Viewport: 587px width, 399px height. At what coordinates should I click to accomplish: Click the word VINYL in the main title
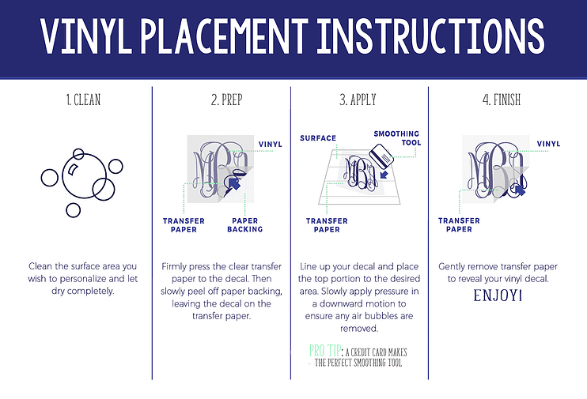click(x=85, y=36)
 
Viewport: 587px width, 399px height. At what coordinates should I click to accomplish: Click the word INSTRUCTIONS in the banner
click(x=431, y=36)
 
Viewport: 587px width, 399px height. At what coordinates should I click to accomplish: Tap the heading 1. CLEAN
click(x=84, y=100)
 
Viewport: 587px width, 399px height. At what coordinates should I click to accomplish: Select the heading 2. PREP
click(x=227, y=100)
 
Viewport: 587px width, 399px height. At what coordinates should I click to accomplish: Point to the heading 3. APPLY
click(x=358, y=100)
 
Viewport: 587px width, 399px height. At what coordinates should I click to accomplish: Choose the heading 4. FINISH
click(x=502, y=100)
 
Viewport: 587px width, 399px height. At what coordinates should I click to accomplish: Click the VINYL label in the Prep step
click(x=271, y=145)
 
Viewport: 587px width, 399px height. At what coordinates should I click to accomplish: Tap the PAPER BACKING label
click(x=244, y=225)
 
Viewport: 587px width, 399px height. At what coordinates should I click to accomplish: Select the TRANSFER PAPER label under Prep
click(x=184, y=225)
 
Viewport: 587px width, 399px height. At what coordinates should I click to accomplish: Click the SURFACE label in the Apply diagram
click(x=318, y=138)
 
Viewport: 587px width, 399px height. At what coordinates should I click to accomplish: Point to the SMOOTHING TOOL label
click(x=397, y=138)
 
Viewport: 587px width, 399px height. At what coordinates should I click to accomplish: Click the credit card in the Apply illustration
click(x=381, y=156)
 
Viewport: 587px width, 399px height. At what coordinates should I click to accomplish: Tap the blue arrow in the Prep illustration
click(x=234, y=183)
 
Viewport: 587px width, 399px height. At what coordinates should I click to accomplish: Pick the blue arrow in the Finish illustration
click(x=520, y=190)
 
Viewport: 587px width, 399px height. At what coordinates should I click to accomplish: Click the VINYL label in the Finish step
click(x=548, y=144)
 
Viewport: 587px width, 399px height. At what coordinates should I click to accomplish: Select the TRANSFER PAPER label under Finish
click(x=459, y=224)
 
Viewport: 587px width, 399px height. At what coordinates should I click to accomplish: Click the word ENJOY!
click(x=498, y=295)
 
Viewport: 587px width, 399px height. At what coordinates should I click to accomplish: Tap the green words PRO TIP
click(x=325, y=351)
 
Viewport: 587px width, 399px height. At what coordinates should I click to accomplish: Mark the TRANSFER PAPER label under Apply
click(x=327, y=225)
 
